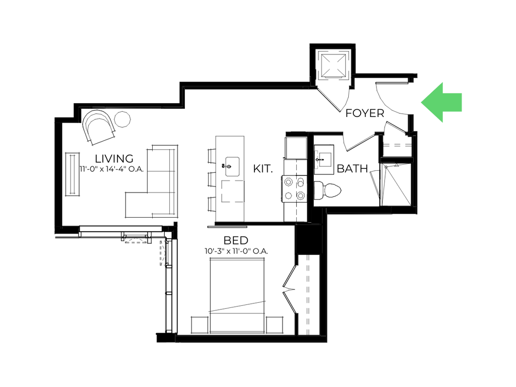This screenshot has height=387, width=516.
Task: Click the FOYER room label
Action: pyautogui.click(x=365, y=113)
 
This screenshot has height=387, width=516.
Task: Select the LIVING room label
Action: pyautogui.click(x=114, y=159)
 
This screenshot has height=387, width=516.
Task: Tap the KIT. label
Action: pyautogui.click(x=263, y=169)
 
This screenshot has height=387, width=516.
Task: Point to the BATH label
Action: pyautogui.click(x=351, y=169)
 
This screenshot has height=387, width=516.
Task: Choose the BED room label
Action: pyautogui.click(x=236, y=241)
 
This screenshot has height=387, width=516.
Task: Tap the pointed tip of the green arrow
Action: pyautogui.click(x=421, y=102)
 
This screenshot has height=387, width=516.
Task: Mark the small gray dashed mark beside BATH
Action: pyautogui.click(x=317, y=160)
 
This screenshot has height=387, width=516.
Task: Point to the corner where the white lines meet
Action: pyautogui.click(x=166, y=237)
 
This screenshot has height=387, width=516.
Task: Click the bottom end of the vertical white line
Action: pyautogui.click(x=166, y=330)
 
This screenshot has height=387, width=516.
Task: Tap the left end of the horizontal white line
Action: pyautogui.click(x=56, y=236)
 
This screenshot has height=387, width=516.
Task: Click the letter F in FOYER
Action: pyautogui.click(x=348, y=113)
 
